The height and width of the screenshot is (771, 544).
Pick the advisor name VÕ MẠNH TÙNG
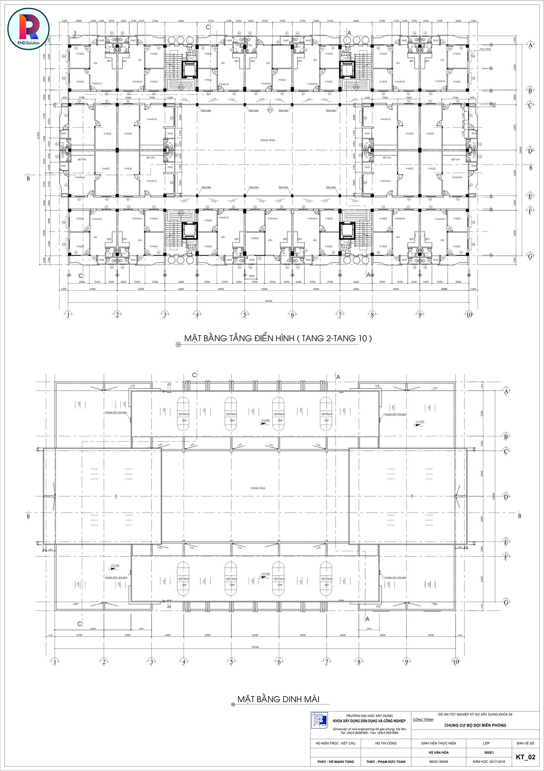333,762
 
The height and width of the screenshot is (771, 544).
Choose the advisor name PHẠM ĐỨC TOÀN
386,762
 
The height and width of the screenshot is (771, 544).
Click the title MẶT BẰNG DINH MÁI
278,699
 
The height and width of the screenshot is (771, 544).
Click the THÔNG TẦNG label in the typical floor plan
267,140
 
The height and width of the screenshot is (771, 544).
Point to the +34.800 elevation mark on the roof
266,420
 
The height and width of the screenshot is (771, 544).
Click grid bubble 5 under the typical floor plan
245,314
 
